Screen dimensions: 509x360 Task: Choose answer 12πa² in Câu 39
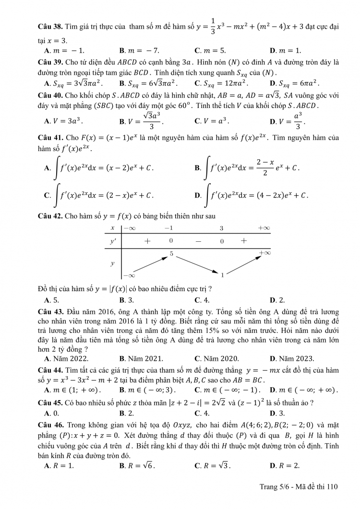click(217, 83)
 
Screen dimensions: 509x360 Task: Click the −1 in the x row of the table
click(168, 228)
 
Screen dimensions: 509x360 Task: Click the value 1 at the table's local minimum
click(222, 275)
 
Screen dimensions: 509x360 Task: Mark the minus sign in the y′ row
click(198, 241)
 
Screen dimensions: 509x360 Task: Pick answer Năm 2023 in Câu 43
click(296, 358)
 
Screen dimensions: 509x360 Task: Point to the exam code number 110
click(332, 486)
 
